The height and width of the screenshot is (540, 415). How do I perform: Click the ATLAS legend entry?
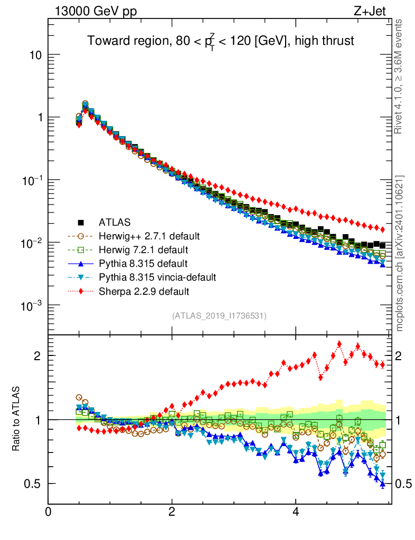pos(114,222)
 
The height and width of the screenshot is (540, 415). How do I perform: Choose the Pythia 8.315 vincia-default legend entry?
pos(157,277)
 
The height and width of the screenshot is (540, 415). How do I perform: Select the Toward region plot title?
pos(220,42)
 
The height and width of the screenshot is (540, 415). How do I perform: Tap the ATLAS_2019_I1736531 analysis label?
pos(219,316)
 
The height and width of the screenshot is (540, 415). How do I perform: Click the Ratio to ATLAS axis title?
pos(16,419)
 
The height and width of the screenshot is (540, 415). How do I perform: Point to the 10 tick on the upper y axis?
pos(36,55)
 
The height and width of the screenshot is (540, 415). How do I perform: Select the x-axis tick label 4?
pos(296,512)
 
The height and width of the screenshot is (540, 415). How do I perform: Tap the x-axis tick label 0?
pos(49,512)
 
